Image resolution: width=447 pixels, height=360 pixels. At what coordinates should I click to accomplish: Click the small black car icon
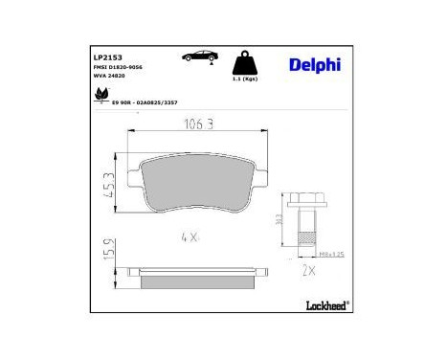tap(196, 57)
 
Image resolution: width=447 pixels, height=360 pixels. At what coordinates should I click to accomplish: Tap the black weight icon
tap(247, 61)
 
